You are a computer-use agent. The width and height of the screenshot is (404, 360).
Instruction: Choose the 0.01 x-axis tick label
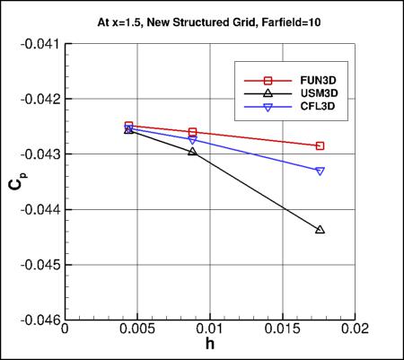[x=211, y=330]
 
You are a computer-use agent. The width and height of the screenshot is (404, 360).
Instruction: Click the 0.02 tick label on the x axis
[x=356, y=330]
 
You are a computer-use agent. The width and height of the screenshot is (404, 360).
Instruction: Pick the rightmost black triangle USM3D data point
[x=321, y=230]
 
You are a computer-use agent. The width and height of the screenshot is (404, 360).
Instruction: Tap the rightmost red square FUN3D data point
[x=321, y=145]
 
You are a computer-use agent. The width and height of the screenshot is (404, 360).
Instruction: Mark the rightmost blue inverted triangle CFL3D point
[x=321, y=171]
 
